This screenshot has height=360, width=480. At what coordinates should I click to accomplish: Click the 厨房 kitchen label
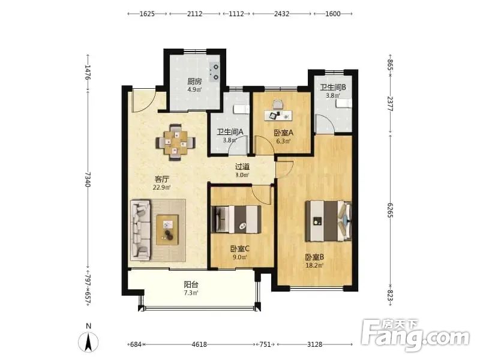pyautogui.click(x=194, y=82)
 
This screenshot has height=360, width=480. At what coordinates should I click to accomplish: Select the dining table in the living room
pyautogui.click(x=175, y=142)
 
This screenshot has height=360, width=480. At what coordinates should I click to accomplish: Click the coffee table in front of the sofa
pyautogui.click(x=167, y=230)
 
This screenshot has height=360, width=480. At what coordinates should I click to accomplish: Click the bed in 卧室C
pyautogui.click(x=236, y=219)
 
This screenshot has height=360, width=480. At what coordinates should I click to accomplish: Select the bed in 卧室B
pyautogui.click(x=328, y=221)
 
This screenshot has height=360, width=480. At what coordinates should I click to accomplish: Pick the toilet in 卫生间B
pyautogui.click(x=343, y=103)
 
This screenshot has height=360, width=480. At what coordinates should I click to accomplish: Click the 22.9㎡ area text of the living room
pyautogui.click(x=161, y=187)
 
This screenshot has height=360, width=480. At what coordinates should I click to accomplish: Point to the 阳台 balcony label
pyautogui.click(x=191, y=284)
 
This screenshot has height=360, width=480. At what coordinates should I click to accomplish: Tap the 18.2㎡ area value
pyautogui.click(x=314, y=265)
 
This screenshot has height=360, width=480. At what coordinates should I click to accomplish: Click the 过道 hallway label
pyautogui.click(x=242, y=167)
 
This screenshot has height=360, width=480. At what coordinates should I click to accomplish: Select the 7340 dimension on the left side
pyautogui.click(x=88, y=179)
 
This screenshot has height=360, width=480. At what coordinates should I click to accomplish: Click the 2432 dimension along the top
pyautogui.click(x=281, y=14)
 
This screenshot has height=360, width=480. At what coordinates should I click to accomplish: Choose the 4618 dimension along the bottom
pyautogui.click(x=199, y=344)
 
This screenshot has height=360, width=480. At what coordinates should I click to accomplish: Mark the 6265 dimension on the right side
pyautogui.click(x=390, y=211)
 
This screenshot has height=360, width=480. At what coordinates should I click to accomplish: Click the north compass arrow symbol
pyautogui.click(x=88, y=342)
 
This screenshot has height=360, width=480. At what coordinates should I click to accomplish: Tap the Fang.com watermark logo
pyautogui.click(x=415, y=335)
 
